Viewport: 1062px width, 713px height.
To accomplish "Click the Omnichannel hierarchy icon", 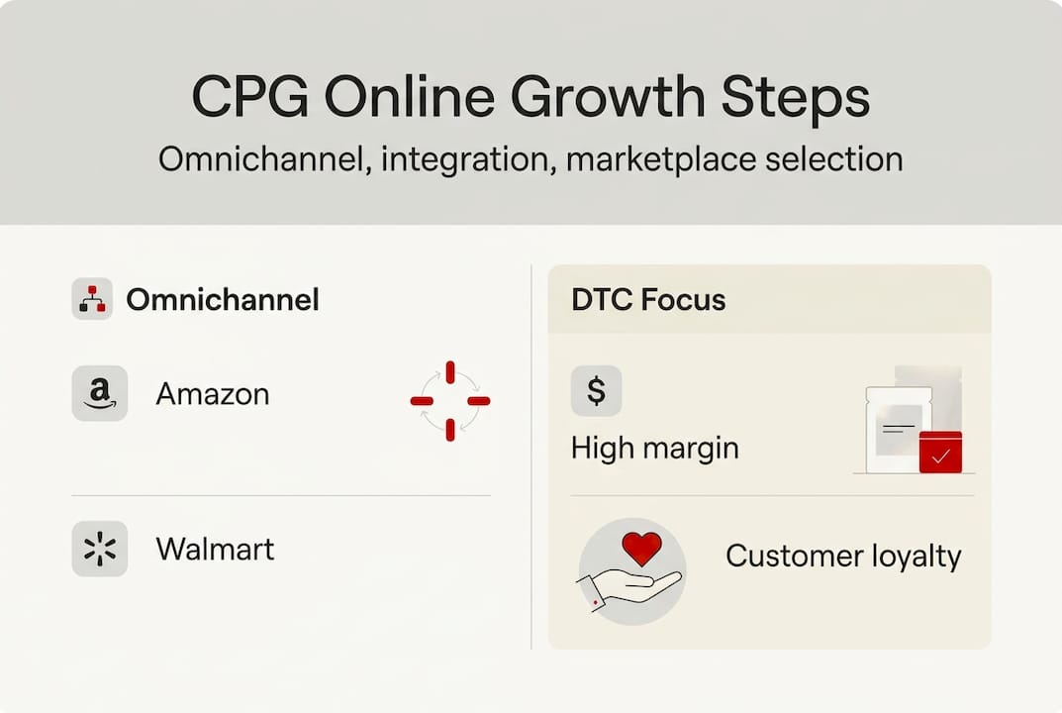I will [x=92, y=299].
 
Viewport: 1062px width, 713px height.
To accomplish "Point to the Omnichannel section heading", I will [x=222, y=300].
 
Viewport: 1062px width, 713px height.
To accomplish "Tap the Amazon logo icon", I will [x=99, y=394].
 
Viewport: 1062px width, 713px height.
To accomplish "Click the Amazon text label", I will [x=212, y=394].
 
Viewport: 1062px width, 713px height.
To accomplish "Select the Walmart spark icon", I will [x=99, y=549].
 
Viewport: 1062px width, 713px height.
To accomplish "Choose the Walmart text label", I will [x=215, y=549].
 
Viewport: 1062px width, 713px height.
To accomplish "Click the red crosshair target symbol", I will [x=450, y=400].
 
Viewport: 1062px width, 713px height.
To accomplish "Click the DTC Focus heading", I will [x=648, y=300].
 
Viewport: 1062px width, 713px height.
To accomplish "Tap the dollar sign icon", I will [x=596, y=390].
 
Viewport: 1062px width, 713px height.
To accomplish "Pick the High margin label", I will [x=654, y=448].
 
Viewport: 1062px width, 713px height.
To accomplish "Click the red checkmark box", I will [x=940, y=453].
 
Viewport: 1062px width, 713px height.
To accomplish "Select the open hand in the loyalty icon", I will [x=630, y=585].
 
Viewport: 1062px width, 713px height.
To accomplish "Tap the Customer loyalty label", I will [x=843, y=556].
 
